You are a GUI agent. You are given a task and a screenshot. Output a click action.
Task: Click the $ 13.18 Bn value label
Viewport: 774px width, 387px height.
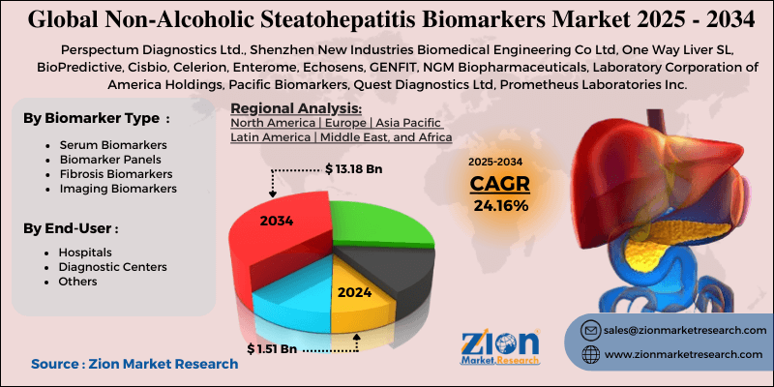[353, 169]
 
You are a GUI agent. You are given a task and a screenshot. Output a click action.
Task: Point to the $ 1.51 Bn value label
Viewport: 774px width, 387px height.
[274, 348]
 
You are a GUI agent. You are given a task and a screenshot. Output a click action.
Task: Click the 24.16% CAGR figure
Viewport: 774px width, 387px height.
[500, 205]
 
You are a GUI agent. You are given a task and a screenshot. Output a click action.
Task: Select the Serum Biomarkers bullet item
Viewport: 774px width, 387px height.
[105, 145]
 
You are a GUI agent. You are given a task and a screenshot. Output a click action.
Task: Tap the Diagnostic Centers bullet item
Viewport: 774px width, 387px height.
[112, 266]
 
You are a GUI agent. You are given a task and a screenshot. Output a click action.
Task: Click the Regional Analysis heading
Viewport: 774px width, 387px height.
[296, 107]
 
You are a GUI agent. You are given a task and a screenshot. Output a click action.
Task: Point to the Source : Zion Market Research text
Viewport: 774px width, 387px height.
[134, 364]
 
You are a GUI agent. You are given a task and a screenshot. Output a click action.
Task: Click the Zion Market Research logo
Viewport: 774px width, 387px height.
[499, 347]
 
